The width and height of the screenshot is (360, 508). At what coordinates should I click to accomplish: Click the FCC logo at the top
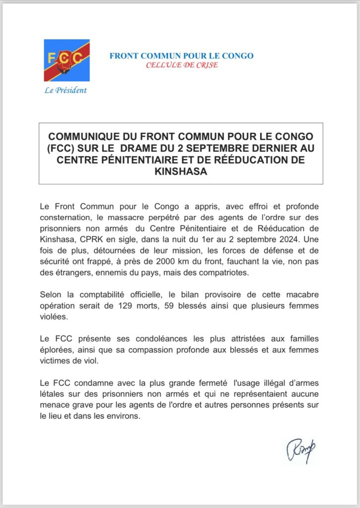pyautogui.click(x=67, y=60)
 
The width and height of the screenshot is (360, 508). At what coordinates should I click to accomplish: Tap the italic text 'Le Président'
pyautogui.click(x=67, y=90)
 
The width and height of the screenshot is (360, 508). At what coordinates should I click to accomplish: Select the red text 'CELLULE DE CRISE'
pyautogui.click(x=181, y=65)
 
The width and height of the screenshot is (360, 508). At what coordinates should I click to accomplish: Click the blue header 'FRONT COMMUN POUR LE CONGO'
pyautogui.click(x=181, y=56)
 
